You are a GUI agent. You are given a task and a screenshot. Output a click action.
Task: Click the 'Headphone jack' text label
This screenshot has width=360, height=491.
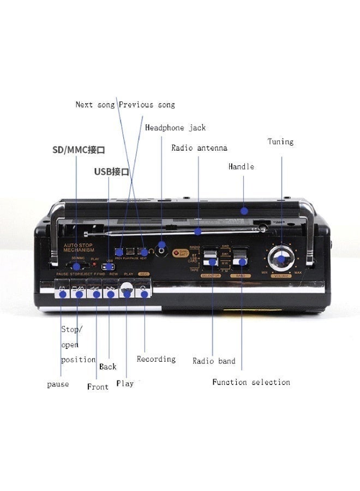point(175,128)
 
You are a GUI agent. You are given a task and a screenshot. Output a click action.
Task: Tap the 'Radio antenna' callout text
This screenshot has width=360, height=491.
point(199,148)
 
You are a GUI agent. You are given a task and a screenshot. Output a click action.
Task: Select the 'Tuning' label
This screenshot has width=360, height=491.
point(280,142)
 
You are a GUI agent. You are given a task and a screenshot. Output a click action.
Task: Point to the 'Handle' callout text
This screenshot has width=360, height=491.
point(241,166)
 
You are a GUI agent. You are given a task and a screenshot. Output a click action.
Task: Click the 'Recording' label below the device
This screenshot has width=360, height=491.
point(156,359)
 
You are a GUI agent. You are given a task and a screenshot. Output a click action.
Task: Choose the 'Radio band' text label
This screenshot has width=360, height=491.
point(214,361)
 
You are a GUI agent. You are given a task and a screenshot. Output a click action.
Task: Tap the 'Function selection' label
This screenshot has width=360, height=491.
point(251,382)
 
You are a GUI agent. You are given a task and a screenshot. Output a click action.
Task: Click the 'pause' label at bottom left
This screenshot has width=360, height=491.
point(58,384)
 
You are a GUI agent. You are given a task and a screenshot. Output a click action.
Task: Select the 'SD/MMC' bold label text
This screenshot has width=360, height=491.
point(78,149)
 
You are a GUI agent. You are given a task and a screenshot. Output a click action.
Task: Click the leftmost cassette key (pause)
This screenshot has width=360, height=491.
point(62,292)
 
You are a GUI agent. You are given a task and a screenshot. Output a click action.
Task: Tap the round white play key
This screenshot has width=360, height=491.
point(127,291)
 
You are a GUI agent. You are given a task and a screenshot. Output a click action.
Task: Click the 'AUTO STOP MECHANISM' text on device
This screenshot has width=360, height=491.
point(80,248)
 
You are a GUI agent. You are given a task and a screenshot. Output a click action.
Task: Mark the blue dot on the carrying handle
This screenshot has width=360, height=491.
point(244,210)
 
